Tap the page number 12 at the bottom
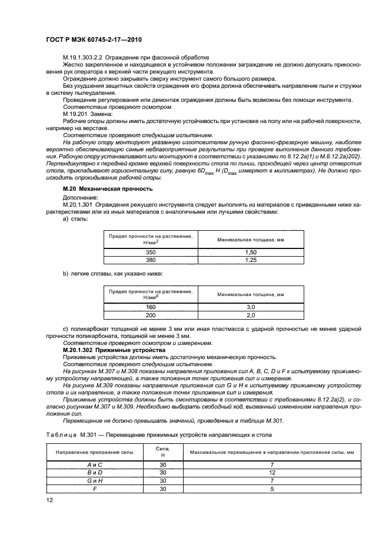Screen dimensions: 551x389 coord(49,500)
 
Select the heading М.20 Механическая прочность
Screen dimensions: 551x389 coord(108,188)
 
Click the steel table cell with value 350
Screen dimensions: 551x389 coord(151,251)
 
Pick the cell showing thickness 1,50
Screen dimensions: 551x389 coord(250,251)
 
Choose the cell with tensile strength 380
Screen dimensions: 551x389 coord(151,259)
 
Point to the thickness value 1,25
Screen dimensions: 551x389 coord(250,259)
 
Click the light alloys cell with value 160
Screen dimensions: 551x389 coord(151,307)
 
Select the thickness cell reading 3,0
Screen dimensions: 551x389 coord(250,307)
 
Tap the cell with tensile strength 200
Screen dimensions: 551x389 coord(151,315)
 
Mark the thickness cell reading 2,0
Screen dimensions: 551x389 coord(250,315)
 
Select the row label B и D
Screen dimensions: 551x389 coord(95,473)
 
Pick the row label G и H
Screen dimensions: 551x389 coord(95,480)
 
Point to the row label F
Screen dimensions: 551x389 coord(95,489)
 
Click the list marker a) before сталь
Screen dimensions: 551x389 coord(66,218)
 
